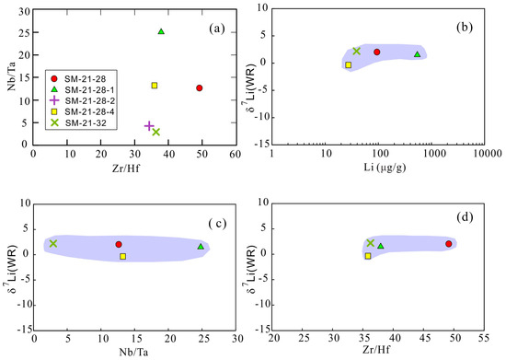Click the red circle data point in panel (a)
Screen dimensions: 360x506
point(199,88)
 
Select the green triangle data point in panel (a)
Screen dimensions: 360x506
point(161,31)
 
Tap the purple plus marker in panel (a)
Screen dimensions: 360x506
point(149,126)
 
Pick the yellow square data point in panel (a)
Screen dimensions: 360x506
point(155,86)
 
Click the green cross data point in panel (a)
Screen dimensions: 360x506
point(156,133)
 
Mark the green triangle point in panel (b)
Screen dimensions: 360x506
point(417,54)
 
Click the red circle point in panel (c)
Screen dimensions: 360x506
point(119,245)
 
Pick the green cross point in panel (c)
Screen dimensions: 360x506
point(53,244)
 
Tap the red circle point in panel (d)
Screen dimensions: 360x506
point(448,244)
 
